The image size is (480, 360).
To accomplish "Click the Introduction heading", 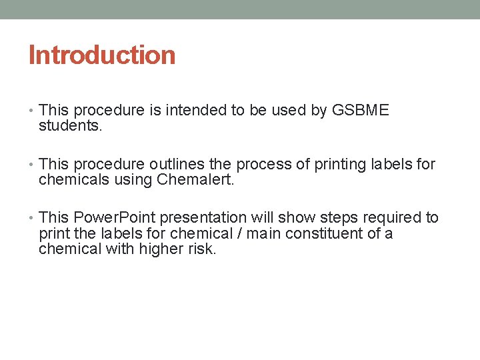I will point(102,55).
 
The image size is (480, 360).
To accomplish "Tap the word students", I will point(70,125).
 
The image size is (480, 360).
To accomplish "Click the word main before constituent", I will point(265,233).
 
